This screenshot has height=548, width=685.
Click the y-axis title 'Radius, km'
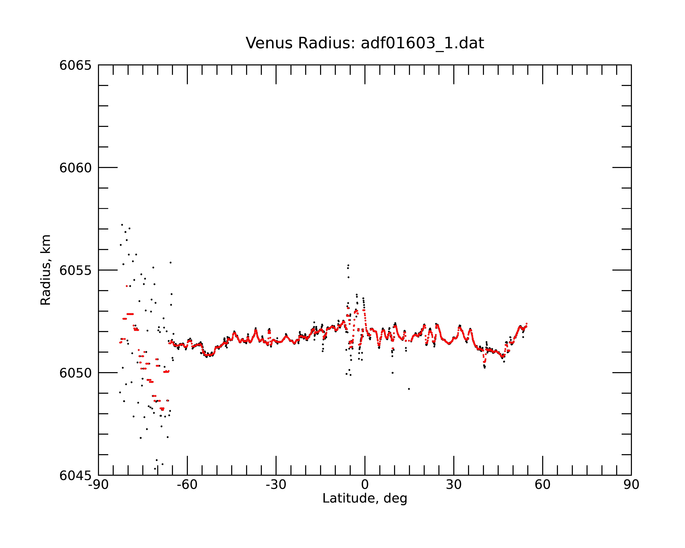(45, 270)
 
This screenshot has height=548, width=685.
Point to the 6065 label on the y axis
(75, 65)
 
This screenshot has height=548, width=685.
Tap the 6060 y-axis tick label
(75, 168)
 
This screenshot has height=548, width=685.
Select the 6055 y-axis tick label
(75, 270)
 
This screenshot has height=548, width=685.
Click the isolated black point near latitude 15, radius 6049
(409, 389)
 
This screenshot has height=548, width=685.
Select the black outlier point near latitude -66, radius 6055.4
(171, 262)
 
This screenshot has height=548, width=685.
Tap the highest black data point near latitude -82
(122, 225)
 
